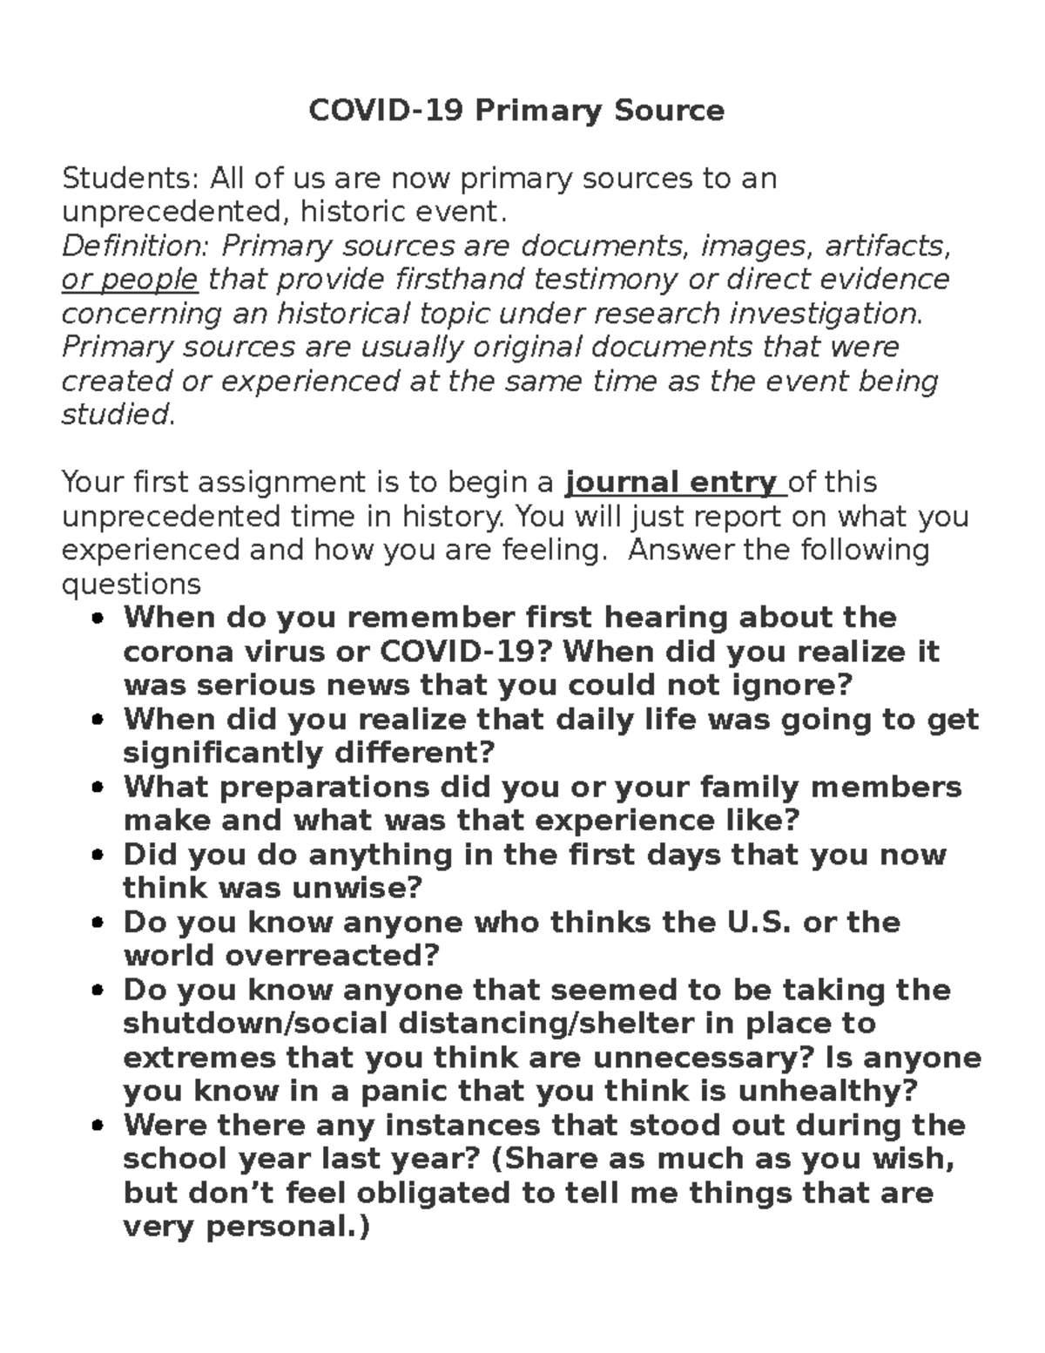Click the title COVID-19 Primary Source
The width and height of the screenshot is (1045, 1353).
[x=516, y=111]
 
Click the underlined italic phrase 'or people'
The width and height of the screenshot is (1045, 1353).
[x=130, y=280]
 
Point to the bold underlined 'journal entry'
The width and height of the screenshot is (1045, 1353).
[x=671, y=482]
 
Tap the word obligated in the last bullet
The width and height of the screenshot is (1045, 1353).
[x=434, y=1193]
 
